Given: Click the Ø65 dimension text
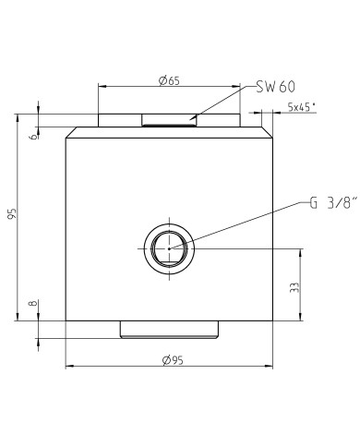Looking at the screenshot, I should tap(168, 81).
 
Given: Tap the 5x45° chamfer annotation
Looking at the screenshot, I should tap(301, 107).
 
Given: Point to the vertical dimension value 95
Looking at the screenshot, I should tap(11, 215).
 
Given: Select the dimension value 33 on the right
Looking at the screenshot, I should tap(294, 287).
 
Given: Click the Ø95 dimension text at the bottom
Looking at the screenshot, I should tap(168, 360).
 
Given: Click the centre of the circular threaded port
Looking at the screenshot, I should tap(169, 248).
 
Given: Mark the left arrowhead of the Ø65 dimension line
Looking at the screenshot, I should tap(101, 87).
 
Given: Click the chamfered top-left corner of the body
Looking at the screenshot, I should tap(67, 130).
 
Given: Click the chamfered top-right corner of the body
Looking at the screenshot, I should tap(269, 130).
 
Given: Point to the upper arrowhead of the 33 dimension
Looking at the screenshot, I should tap(301, 251).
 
